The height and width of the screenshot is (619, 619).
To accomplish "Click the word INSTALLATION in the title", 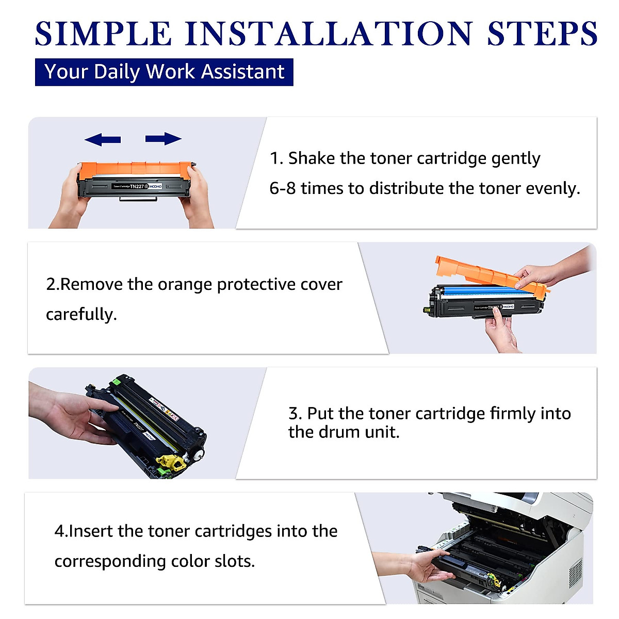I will pyautogui.click(x=328, y=34).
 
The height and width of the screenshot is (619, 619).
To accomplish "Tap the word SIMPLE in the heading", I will pyautogui.click(x=103, y=34).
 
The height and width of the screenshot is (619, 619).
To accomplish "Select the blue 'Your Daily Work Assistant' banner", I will pyautogui.click(x=164, y=72).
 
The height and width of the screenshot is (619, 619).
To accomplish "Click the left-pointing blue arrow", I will pyautogui.click(x=103, y=139).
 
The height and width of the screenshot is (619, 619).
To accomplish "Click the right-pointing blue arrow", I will pyautogui.click(x=163, y=139).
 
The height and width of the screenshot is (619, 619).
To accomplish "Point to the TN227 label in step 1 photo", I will pyautogui.click(x=137, y=186).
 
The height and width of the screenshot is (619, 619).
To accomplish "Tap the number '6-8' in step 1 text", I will pyautogui.click(x=282, y=188).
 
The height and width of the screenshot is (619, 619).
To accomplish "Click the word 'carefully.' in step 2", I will pyautogui.click(x=81, y=314).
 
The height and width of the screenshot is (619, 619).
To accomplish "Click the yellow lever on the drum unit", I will pyautogui.click(x=171, y=462).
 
